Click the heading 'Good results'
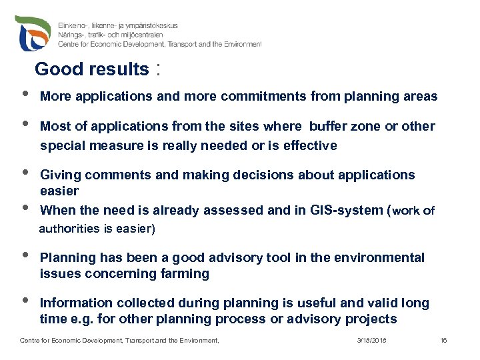point(92,69)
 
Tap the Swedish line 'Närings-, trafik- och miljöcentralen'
point(118,35)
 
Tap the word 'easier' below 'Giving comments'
point(59,191)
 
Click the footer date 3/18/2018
point(372,341)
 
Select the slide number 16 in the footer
point(443,341)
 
